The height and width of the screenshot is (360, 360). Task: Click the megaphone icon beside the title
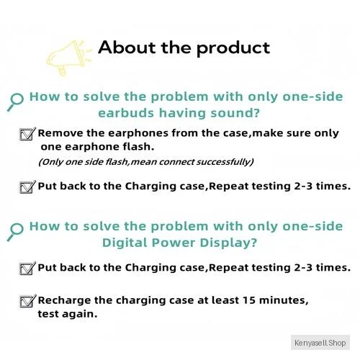(68, 58)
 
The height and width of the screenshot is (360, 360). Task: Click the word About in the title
(127, 48)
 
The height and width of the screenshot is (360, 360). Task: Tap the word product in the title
(233, 49)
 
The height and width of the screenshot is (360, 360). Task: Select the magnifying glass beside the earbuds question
(15, 102)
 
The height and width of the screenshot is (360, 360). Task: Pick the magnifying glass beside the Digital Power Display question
(15, 232)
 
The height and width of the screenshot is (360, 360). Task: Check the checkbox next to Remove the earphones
(27, 134)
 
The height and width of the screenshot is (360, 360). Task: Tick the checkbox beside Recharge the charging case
(27, 301)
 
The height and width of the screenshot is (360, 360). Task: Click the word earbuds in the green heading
(126, 113)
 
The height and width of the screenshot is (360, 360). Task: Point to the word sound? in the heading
(235, 113)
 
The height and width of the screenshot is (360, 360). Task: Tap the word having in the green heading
(182, 114)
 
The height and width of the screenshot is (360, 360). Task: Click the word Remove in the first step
(60, 133)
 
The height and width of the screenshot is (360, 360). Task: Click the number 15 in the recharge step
(249, 300)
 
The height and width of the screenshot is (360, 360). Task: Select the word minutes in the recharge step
(284, 301)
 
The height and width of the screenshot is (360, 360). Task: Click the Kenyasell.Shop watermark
(320, 343)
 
